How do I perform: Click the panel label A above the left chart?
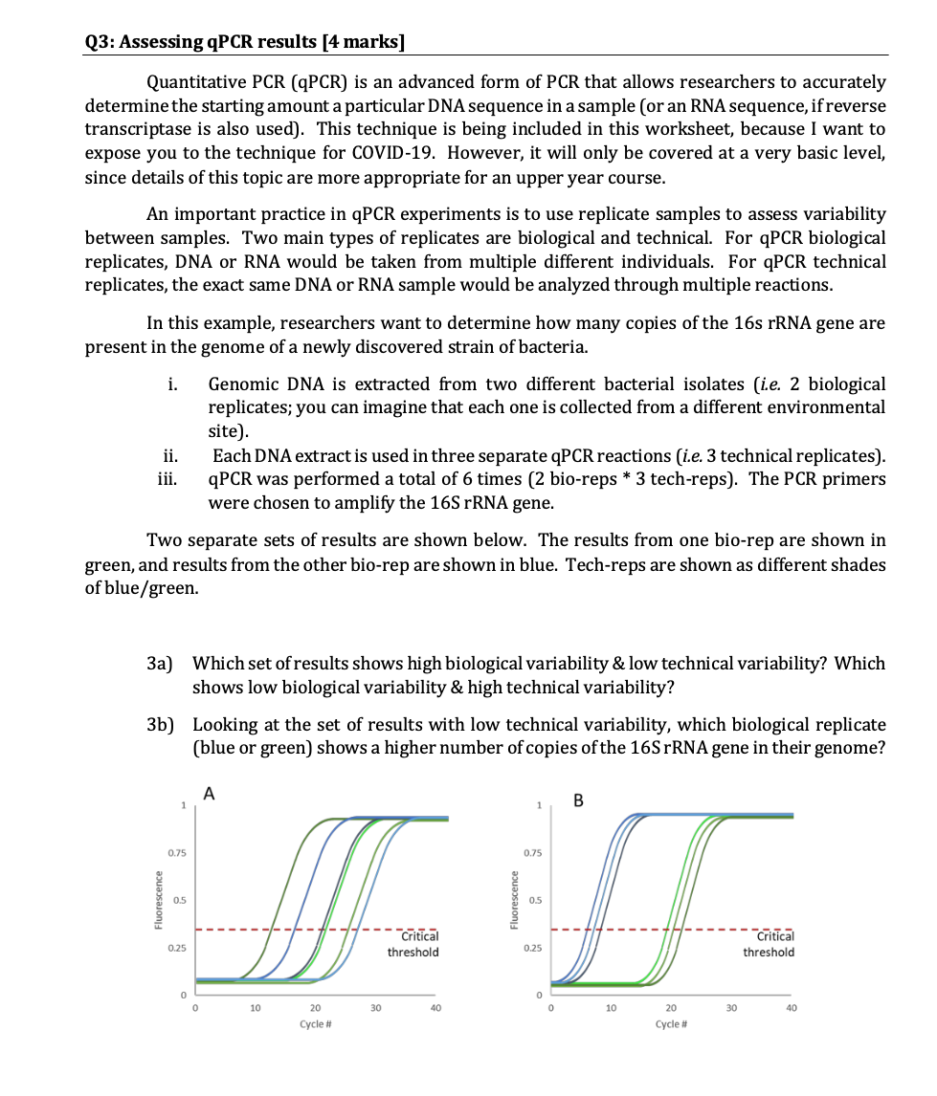point(210,791)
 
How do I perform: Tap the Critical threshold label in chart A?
point(413,944)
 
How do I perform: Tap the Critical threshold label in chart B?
point(769,944)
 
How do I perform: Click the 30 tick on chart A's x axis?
point(375,1007)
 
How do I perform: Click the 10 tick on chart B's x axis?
point(610,1007)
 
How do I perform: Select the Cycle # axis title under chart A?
point(315,1023)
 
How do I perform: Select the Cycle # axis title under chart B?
point(670,1023)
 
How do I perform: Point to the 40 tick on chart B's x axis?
point(791,1007)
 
